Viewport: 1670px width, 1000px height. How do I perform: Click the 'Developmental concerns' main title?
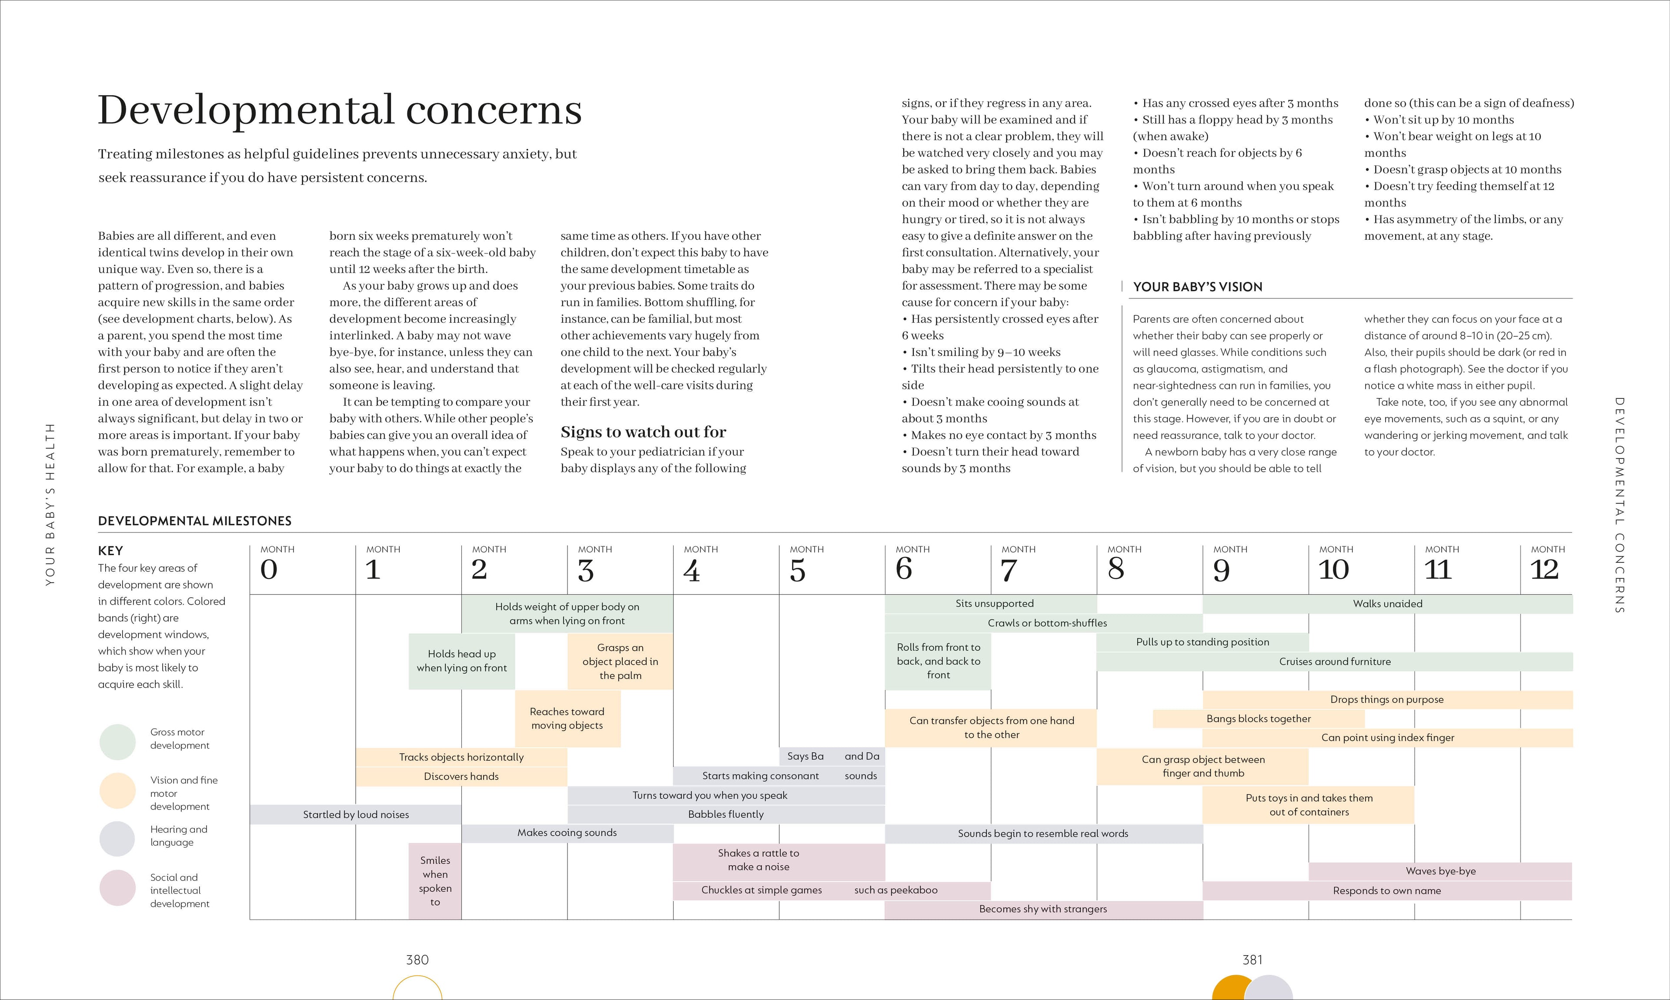coord(340,110)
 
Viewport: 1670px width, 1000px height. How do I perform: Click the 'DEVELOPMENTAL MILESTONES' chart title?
coord(195,521)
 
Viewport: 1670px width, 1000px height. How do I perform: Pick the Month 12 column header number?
coord(1545,570)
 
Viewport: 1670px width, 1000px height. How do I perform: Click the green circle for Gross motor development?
coord(118,742)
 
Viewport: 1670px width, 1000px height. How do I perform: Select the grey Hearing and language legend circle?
coord(118,838)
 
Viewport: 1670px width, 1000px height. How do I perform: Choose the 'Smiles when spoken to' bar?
coord(435,881)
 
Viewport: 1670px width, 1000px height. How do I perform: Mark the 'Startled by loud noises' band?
coord(356,815)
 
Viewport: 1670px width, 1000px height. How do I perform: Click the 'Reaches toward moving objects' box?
coord(567,718)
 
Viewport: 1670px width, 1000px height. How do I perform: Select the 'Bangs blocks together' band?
coord(1259,719)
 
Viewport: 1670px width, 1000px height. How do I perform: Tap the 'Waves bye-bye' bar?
coord(1440,871)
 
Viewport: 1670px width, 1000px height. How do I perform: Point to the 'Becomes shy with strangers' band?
coord(1043,910)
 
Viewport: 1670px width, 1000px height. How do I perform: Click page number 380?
coord(417,960)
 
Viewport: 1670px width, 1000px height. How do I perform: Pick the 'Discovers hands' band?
coord(461,777)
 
